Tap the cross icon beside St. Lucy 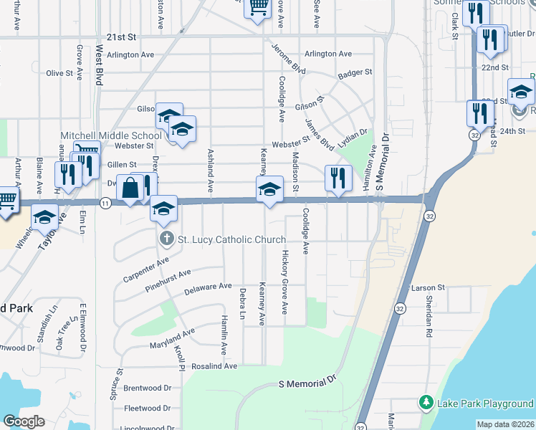point(166,239)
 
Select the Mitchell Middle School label point(111,135)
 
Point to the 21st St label point(121,37)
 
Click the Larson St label point(428,288)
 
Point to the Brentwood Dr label point(147,388)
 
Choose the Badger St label point(355,72)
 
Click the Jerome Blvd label point(289,59)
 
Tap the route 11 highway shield point(105,204)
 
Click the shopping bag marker point(130,188)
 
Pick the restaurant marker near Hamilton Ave point(337,177)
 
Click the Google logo point(24,422)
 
